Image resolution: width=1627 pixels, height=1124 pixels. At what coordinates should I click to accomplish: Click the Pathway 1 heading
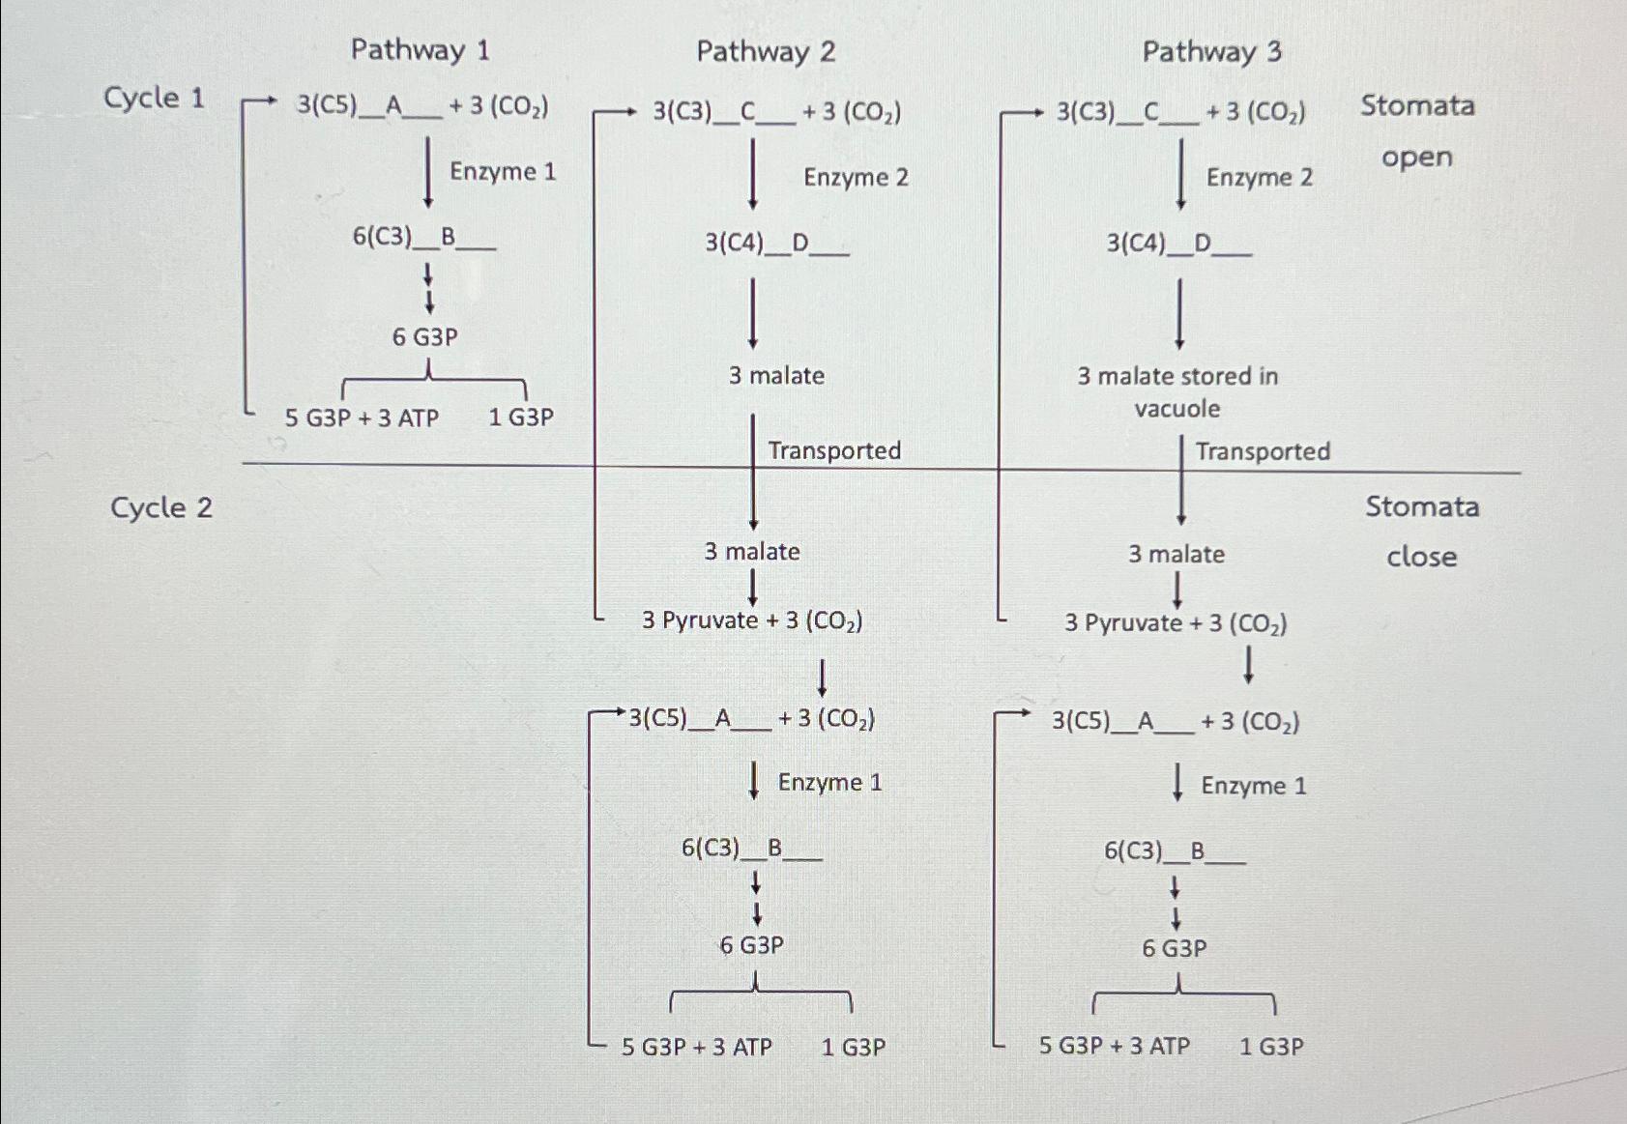[x=420, y=49]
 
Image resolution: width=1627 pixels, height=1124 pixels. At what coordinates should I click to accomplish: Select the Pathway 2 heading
[x=766, y=51]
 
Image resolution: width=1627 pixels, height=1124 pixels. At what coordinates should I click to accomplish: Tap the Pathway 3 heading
[x=1211, y=51]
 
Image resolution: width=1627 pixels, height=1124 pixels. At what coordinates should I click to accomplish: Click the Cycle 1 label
[x=155, y=99]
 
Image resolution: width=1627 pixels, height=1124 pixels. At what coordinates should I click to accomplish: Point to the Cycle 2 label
[x=160, y=507]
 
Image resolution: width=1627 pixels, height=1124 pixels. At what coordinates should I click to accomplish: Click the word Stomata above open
[x=1417, y=105]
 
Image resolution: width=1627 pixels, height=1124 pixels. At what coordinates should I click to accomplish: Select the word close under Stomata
[x=1421, y=557]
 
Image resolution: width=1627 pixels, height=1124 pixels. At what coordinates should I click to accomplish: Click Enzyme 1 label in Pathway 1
[x=503, y=172]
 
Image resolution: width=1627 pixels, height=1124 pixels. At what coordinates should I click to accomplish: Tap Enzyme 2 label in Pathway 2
[x=856, y=178]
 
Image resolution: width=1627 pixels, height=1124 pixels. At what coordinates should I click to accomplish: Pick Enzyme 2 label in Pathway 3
[x=1259, y=178]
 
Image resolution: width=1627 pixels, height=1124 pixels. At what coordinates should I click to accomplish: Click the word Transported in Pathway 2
[x=834, y=450]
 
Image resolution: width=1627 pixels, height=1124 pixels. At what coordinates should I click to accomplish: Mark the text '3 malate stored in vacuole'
[x=1177, y=391]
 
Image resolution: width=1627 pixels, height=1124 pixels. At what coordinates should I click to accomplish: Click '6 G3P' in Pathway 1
[x=424, y=337]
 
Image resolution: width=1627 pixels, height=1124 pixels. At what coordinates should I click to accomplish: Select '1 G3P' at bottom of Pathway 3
[x=1271, y=1046]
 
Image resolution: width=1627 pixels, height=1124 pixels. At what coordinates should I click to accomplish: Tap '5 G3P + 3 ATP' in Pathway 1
[x=362, y=418]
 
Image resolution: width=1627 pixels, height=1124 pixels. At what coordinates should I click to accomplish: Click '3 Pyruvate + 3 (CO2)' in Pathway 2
[x=752, y=620]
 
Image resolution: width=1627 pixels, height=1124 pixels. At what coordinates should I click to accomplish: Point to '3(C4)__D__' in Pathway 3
[x=1178, y=244]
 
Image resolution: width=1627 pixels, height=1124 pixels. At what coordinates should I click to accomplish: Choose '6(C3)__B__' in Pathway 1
[x=423, y=237]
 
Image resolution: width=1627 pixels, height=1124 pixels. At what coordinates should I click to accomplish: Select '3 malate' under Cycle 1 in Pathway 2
[x=776, y=376]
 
